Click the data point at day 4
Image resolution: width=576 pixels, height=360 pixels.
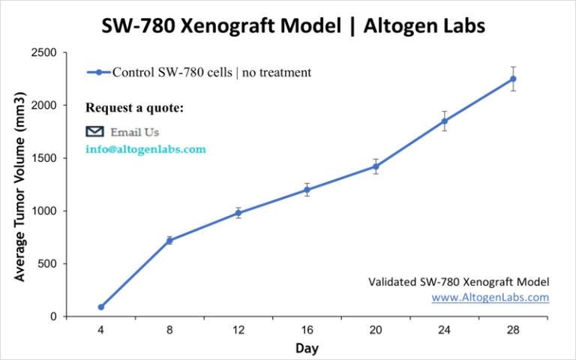(x=100, y=307)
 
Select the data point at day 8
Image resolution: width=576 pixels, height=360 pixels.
(x=169, y=240)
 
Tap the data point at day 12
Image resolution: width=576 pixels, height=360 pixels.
(x=238, y=213)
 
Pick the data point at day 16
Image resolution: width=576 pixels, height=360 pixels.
(x=307, y=190)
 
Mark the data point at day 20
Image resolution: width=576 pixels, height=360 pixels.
(x=376, y=166)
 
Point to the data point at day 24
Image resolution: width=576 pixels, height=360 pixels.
(x=445, y=121)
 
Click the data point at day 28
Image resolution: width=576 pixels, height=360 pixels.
(x=513, y=79)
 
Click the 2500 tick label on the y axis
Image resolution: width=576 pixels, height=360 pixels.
(x=43, y=52)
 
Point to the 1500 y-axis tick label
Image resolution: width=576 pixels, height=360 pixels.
(x=43, y=158)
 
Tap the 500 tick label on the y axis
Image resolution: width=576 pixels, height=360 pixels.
(x=46, y=264)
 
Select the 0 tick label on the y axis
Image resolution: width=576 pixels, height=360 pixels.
(x=52, y=316)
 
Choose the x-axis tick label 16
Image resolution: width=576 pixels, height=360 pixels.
(x=307, y=329)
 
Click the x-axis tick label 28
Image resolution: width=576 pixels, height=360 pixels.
(x=513, y=329)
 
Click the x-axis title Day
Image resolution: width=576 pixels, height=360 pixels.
(x=306, y=348)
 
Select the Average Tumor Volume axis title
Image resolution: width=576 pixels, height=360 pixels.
(x=20, y=187)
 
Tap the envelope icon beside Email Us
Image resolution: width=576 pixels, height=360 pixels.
(x=94, y=131)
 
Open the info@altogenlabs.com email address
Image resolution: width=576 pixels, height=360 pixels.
(x=145, y=149)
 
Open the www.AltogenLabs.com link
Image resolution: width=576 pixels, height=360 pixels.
(x=490, y=297)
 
